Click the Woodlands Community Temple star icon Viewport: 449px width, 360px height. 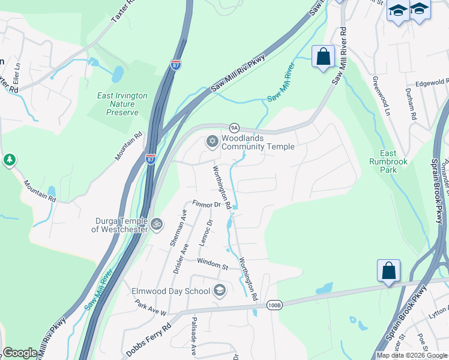coord(211,142)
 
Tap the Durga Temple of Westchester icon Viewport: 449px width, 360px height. coord(156,224)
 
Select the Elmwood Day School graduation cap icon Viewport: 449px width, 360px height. coord(220,291)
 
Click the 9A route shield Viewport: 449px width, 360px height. coord(235,127)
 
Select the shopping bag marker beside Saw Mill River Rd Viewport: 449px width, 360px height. coord(323,58)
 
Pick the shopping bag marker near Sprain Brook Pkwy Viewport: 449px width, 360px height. coord(388,271)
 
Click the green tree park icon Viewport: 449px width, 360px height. coord(9,160)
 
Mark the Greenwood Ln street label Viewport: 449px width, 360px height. coord(379,95)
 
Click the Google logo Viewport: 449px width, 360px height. coord(20,353)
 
